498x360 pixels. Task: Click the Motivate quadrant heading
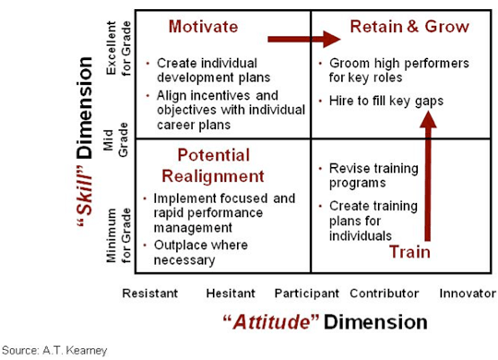(x=203, y=27)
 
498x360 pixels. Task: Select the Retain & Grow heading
(x=409, y=27)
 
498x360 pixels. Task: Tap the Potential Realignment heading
(x=213, y=165)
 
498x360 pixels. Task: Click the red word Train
(x=409, y=252)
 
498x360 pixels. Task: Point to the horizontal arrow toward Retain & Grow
(x=304, y=39)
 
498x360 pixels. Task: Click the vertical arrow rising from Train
(x=428, y=175)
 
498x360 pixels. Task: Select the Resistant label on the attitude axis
(x=150, y=294)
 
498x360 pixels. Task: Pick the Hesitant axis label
(x=231, y=294)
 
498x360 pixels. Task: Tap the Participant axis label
(x=307, y=294)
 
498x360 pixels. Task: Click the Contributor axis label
(x=385, y=294)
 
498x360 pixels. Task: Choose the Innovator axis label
(x=468, y=294)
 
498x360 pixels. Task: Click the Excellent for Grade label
(x=118, y=48)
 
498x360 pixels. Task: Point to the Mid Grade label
(x=115, y=140)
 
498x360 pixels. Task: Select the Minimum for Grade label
(x=118, y=235)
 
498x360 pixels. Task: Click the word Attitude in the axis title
(x=271, y=322)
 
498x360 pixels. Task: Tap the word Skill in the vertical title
(x=85, y=195)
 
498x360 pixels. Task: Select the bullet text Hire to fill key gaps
(x=386, y=101)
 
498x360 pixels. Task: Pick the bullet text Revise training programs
(x=373, y=175)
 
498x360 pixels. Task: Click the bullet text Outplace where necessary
(x=201, y=253)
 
